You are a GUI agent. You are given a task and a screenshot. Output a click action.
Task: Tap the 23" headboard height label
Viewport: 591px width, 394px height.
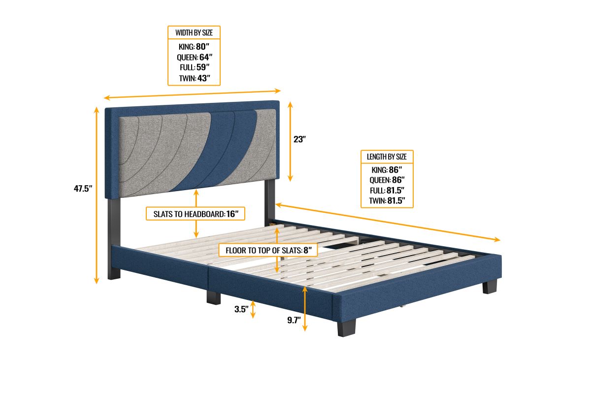[300, 139]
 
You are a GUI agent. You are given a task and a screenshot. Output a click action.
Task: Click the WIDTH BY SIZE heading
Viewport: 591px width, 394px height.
[194, 33]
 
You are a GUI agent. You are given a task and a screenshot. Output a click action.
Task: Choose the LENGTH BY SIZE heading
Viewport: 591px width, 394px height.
[387, 157]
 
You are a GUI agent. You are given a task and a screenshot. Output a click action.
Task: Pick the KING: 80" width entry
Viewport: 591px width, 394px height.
[194, 47]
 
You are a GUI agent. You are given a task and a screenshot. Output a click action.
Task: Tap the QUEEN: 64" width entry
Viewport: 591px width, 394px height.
[194, 58]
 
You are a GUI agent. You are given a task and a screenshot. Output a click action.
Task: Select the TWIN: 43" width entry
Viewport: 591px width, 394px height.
[194, 78]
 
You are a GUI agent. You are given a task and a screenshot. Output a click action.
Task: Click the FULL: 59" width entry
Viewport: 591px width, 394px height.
[194, 68]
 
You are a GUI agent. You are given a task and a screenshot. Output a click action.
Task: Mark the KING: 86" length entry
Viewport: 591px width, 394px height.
[387, 169]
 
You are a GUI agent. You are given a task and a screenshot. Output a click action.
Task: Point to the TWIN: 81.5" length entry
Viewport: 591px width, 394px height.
[387, 200]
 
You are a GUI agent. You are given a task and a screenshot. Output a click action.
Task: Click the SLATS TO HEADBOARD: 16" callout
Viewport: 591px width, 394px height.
[196, 214]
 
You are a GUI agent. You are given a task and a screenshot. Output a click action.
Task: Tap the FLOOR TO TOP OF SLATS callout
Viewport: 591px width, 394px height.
[268, 250]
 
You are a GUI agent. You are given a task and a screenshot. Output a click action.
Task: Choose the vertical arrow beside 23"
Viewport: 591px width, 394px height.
[291, 141]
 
